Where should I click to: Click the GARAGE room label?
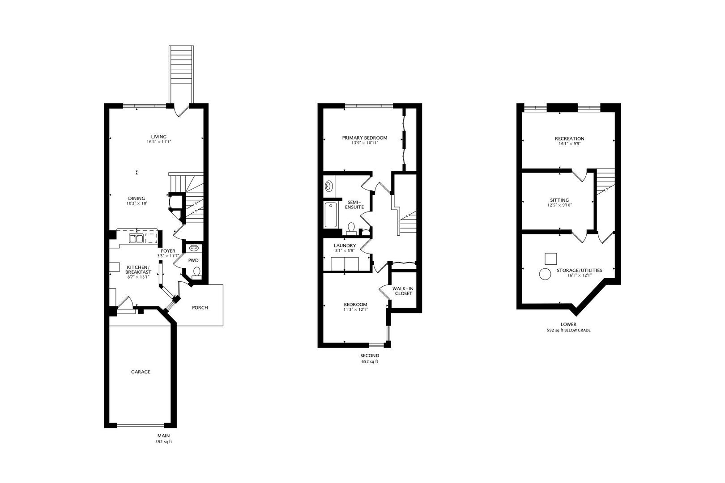[141, 372]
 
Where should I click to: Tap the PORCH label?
[200, 308]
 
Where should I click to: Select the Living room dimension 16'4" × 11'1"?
[158, 142]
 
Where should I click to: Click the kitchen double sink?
[136, 238]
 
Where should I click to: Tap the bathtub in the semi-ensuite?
[330, 215]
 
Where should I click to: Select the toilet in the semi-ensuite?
[351, 229]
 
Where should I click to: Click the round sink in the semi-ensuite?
[329, 186]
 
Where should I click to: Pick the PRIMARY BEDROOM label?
[365, 138]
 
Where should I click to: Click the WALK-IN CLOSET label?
[403, 291]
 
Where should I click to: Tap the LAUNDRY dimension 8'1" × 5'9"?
[345, 250]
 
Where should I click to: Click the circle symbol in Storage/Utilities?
[545, 275]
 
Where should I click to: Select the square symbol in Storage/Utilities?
[551, 259]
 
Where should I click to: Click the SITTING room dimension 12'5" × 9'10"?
[559, 205]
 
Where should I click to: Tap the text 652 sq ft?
[370, 362]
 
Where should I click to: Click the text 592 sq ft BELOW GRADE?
[569, 330]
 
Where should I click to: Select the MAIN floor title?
[163, 436]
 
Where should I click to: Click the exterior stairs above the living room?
[181, 74]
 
